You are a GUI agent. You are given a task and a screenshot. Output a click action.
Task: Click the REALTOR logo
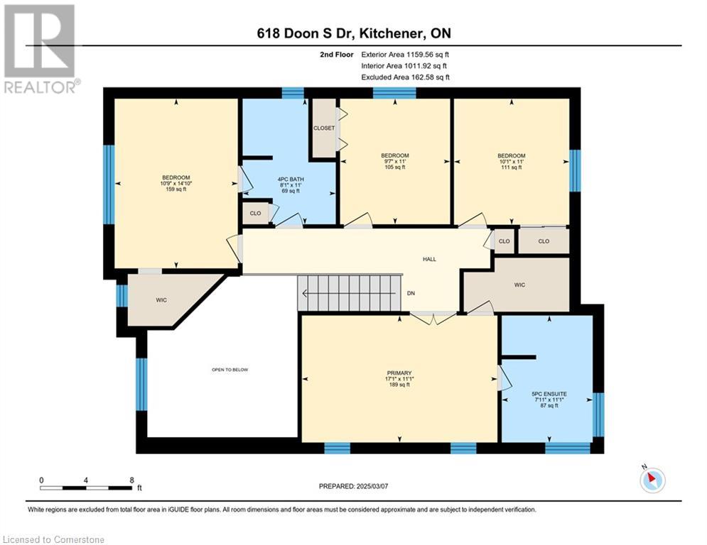41,49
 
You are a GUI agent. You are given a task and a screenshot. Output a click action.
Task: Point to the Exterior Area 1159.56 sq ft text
405,55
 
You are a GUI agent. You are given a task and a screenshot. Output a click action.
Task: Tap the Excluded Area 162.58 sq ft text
405,77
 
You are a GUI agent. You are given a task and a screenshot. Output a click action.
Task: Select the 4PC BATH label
291,180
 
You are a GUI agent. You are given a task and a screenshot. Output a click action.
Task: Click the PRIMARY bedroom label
399,373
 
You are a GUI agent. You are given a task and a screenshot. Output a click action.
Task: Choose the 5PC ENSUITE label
549,394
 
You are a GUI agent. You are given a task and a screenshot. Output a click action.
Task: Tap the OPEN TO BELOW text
230,370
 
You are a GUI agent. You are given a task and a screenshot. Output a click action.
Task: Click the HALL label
429,259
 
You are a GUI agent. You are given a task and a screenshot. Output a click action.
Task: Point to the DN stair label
411,293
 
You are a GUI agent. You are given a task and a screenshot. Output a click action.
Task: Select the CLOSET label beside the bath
324,128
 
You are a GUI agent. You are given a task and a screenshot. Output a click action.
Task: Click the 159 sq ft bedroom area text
176,189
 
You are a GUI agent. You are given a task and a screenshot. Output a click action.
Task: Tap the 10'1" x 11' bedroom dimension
512,161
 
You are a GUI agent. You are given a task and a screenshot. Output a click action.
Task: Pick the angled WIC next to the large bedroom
161,300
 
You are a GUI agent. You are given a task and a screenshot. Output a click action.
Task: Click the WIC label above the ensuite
519,285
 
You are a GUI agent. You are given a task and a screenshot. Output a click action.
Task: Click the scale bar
86,488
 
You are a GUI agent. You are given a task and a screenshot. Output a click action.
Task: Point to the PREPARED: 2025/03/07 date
354,486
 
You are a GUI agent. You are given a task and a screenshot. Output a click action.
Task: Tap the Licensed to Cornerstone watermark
53,539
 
